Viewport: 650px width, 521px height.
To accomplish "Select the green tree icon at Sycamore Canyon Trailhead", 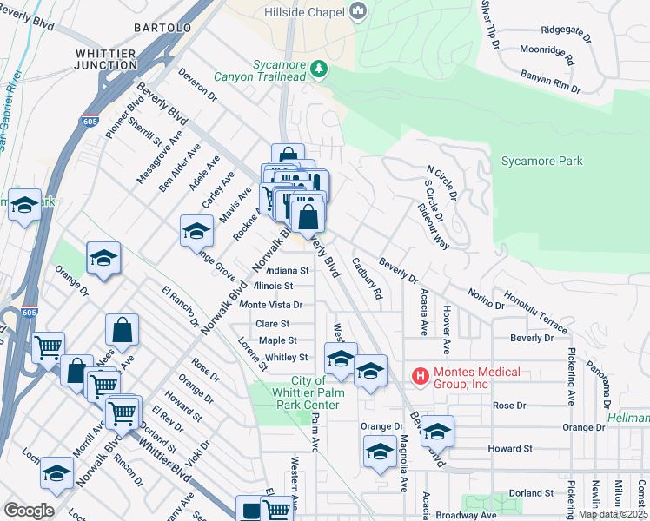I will [x=320, y=68].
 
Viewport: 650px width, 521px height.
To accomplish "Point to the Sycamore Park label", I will [x=542, y=162].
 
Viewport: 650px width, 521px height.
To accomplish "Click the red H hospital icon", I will [x=421, y=376].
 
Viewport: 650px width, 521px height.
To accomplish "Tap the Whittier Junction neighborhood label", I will [x=105, y=59].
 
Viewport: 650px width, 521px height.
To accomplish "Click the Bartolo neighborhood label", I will [x=162, y=29].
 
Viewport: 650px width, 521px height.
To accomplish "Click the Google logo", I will [x=30, y=511].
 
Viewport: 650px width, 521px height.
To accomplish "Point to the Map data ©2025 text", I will [x=613, y=514].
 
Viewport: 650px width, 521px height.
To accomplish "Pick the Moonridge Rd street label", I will [x=547, y=56].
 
